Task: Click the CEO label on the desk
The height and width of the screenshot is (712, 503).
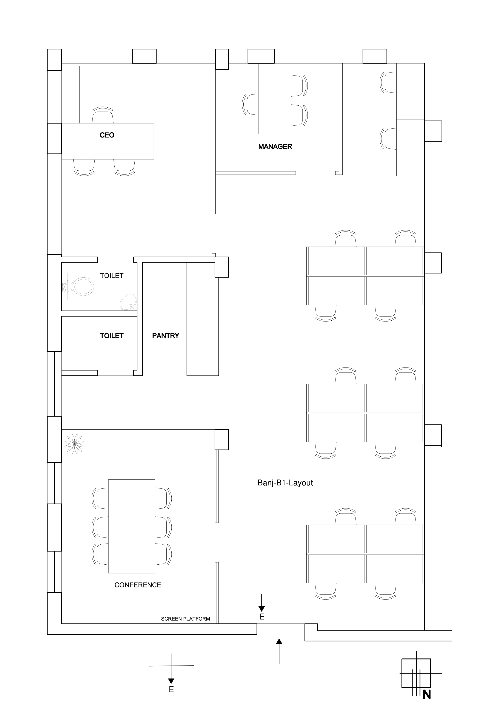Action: pos(107,135)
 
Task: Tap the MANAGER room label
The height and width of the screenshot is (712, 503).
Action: pos(275,147)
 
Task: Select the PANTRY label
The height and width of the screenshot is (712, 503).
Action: pos(166,335)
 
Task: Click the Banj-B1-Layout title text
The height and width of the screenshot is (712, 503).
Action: pos(285,483)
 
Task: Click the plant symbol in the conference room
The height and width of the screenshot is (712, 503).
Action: pos(74,444)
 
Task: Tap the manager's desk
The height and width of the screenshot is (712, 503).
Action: pos(275,99)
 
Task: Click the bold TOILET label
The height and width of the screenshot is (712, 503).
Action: pos(112,336)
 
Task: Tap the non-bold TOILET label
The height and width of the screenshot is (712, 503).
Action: pos(112,276)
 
